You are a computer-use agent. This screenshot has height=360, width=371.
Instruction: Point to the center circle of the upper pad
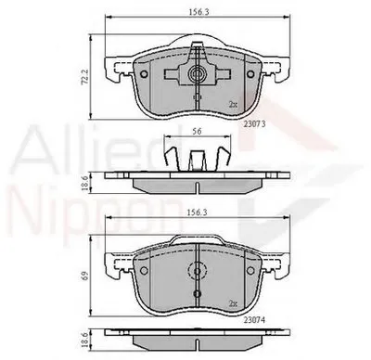click(197, 73)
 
